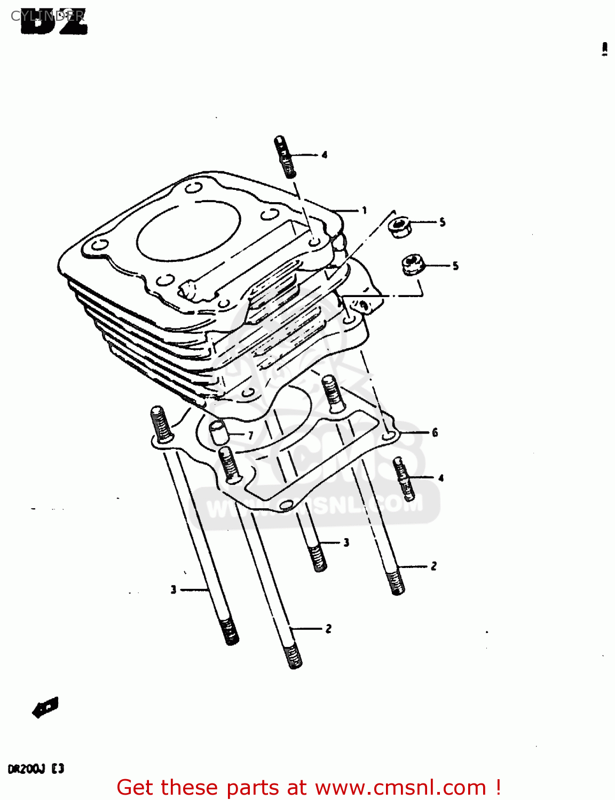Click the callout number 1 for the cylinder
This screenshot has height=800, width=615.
tap(364, 211)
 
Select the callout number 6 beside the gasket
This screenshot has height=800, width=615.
tap(435, 433)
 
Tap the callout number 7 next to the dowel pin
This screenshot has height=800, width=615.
tap(250, 436)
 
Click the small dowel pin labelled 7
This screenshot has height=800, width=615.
tap(218, 431)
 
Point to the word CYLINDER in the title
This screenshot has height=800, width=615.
tap(47, 16)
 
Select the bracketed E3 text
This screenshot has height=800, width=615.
tap(58, 769)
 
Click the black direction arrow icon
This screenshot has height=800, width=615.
tap(45, 708)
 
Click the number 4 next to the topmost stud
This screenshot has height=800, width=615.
tap(324, 155)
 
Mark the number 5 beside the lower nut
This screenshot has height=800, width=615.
tap(455, 266)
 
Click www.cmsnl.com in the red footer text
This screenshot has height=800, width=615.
tap(400, 788)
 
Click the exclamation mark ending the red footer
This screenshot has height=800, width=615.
tap(498, 788)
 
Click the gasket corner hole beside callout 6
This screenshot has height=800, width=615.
tap(390, 437)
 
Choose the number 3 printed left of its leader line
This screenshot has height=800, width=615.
tap(173, 590)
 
